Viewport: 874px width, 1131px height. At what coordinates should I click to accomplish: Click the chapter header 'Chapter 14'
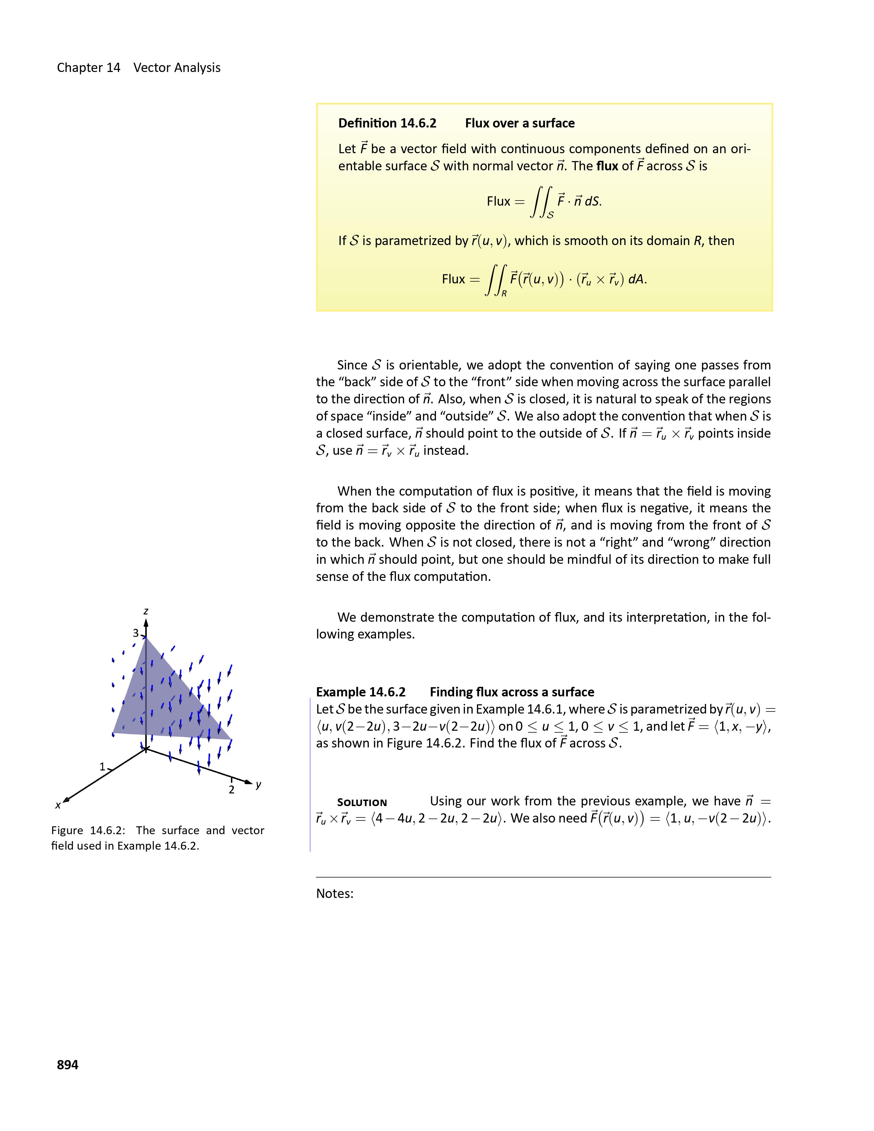pyautogui.click(x=88, y=68)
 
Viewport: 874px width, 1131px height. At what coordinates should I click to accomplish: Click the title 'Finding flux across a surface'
pyautogui.click(x=512, y=692)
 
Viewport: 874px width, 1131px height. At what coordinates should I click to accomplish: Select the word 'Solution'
pyautogui.click(x=362, y=803)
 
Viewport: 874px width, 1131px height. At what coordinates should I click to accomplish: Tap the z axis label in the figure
pyautogui.click(x=146, y=611)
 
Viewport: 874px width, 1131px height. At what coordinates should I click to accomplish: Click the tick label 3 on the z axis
pyautogui.click(x=136, y=633)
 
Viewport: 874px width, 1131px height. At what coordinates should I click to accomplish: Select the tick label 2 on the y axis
pyautogui.click(x=231, y=790)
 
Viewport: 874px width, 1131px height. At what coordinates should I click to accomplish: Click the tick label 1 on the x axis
pyautogui.click(x=102, y=766)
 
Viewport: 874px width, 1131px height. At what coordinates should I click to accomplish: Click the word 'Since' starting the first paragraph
pyautogui.click(x=352, y=365)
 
